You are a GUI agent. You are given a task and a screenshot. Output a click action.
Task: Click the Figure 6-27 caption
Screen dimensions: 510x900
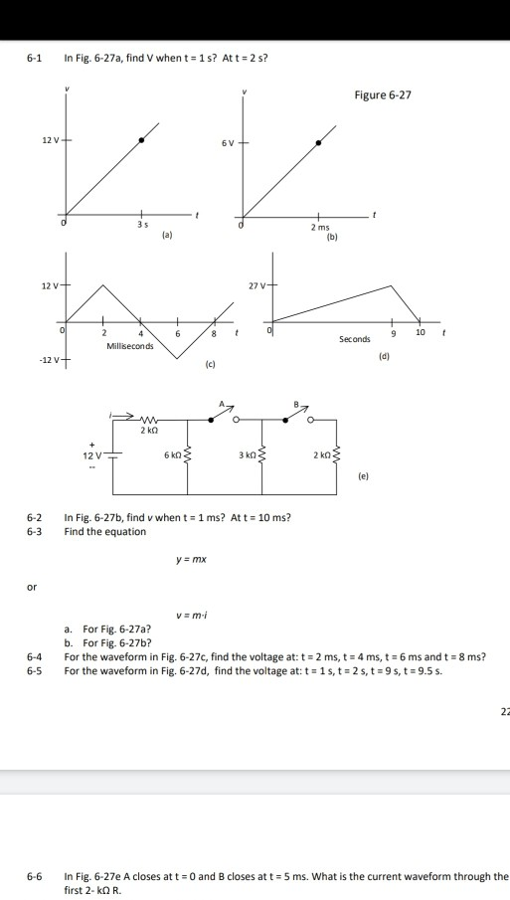383,95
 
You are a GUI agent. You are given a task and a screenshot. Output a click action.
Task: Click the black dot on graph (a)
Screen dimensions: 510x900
141,140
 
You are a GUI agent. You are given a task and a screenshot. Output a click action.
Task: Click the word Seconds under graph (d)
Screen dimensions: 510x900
355,339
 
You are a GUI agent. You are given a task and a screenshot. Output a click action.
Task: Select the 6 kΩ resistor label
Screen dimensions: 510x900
171,454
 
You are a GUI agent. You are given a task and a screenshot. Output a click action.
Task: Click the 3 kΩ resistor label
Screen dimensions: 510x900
248,454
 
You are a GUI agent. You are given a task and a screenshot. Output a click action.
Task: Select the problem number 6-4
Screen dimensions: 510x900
35,657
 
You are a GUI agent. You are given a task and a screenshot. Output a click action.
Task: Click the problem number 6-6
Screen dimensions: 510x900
35,876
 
